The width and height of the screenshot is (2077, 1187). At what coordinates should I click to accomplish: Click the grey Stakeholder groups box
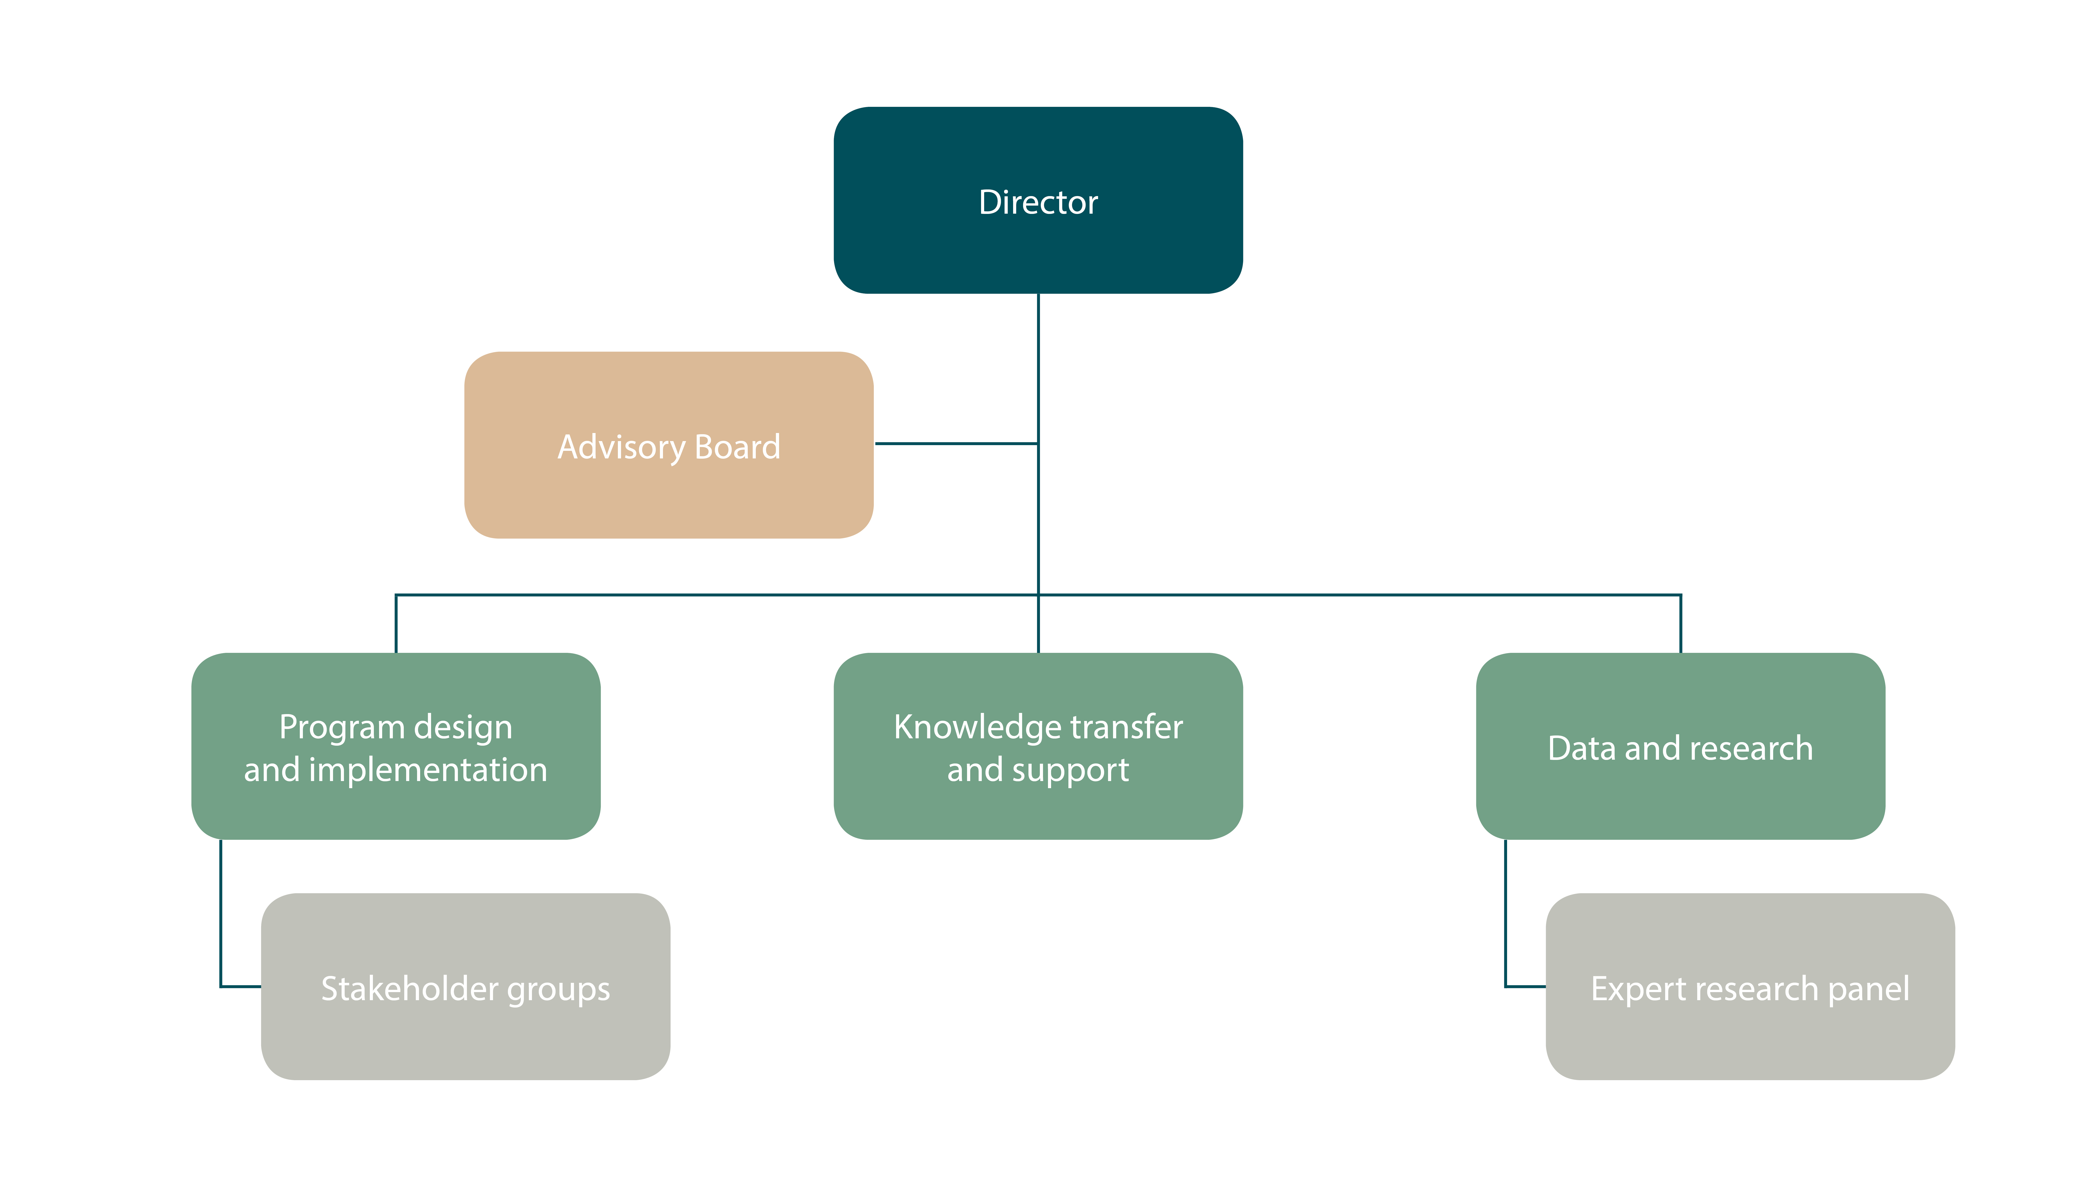pos(465,986)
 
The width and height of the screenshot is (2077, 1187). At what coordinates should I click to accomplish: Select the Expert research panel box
pos(1750,986)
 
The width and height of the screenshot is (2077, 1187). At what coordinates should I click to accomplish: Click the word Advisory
pos(621,447)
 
